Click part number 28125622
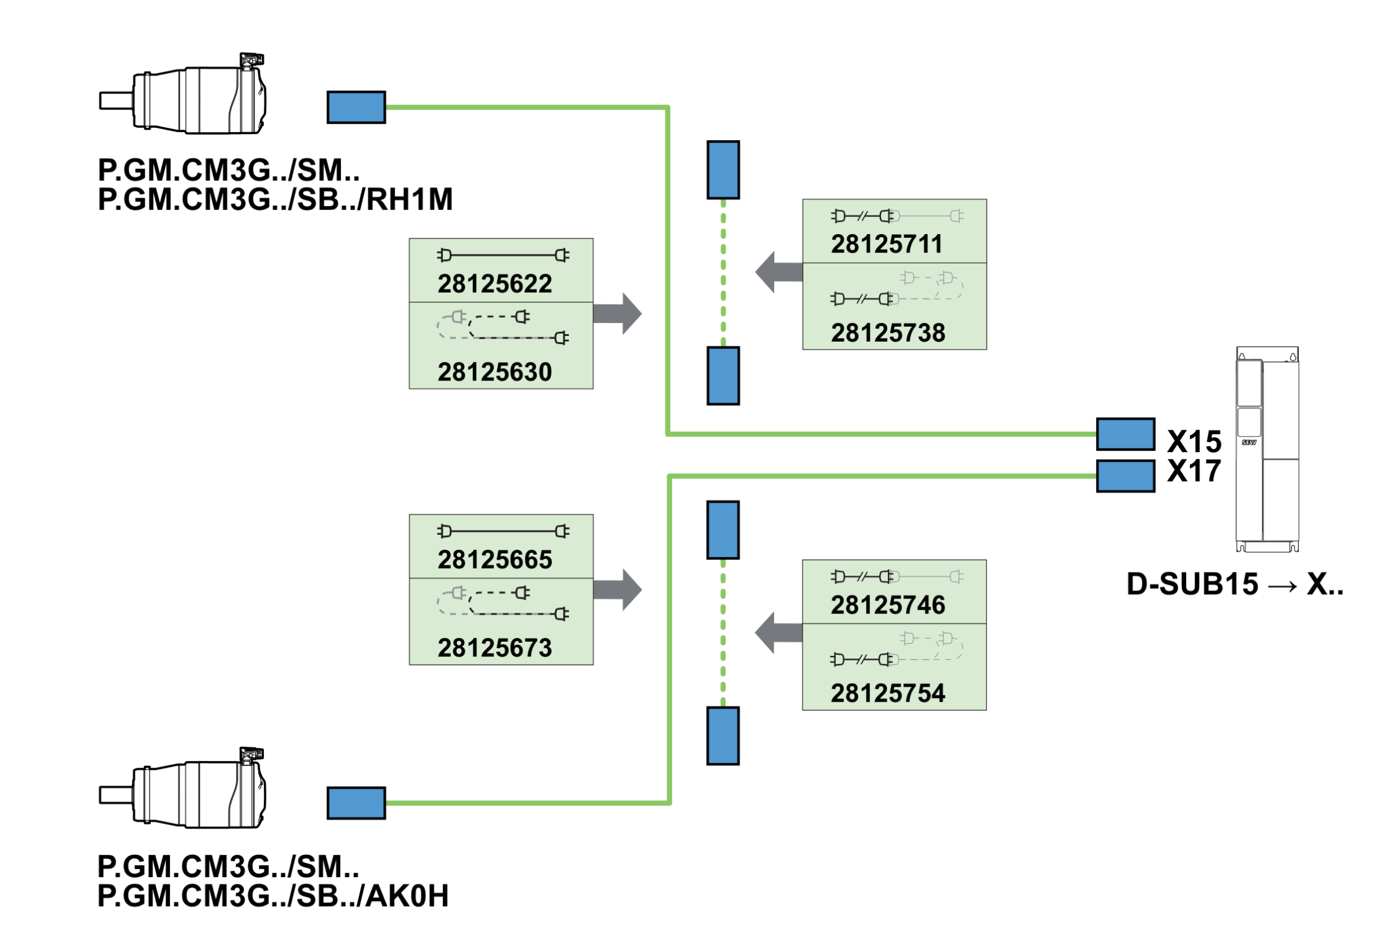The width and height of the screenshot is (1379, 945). pyautogui.click(x=494, y=284)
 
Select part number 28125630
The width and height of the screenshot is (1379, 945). pyautogui.click(x=494, y=372)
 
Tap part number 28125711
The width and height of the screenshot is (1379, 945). pyautogui.click(x=887, y=245)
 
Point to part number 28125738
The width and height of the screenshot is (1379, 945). pyautogui.click(x=888, y=334)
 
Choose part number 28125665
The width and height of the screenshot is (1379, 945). pyautogui.click(x=494, y=560)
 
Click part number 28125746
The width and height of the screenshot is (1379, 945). pyautogui.click(x=888, y=605)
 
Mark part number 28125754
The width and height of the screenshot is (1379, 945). pyautogui.click(x=888, y=694)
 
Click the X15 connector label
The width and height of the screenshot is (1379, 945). pyautogui.click(x=1194, y=442)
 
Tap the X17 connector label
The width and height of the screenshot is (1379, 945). pyautogui.click(x=1194, y=471)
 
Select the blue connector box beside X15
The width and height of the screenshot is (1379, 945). pyautogui.click(x=1126, y=434)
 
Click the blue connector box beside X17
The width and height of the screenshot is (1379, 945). pyautogui.click(x=1126, y=476)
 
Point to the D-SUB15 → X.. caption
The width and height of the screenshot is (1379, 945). pyautogui.click(x=1234, y=584)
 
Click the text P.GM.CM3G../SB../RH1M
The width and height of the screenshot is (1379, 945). pyautogui.click(x=275, y=199)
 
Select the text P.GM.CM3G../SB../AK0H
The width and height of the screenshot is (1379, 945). pyautogui.click(x=273, y=896)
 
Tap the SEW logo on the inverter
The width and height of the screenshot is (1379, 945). pyautogui.click(x=1249, y=442)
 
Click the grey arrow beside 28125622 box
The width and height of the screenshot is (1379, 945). pyautogui.click(x=617, y=314)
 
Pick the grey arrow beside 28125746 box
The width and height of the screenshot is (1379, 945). pyautogui.click(x=778, y=632)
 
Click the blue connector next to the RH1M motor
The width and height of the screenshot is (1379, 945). pyautogui.click(x=356, y=107)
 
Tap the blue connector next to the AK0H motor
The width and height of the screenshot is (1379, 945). pyautogui.click(x=356, y=803)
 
